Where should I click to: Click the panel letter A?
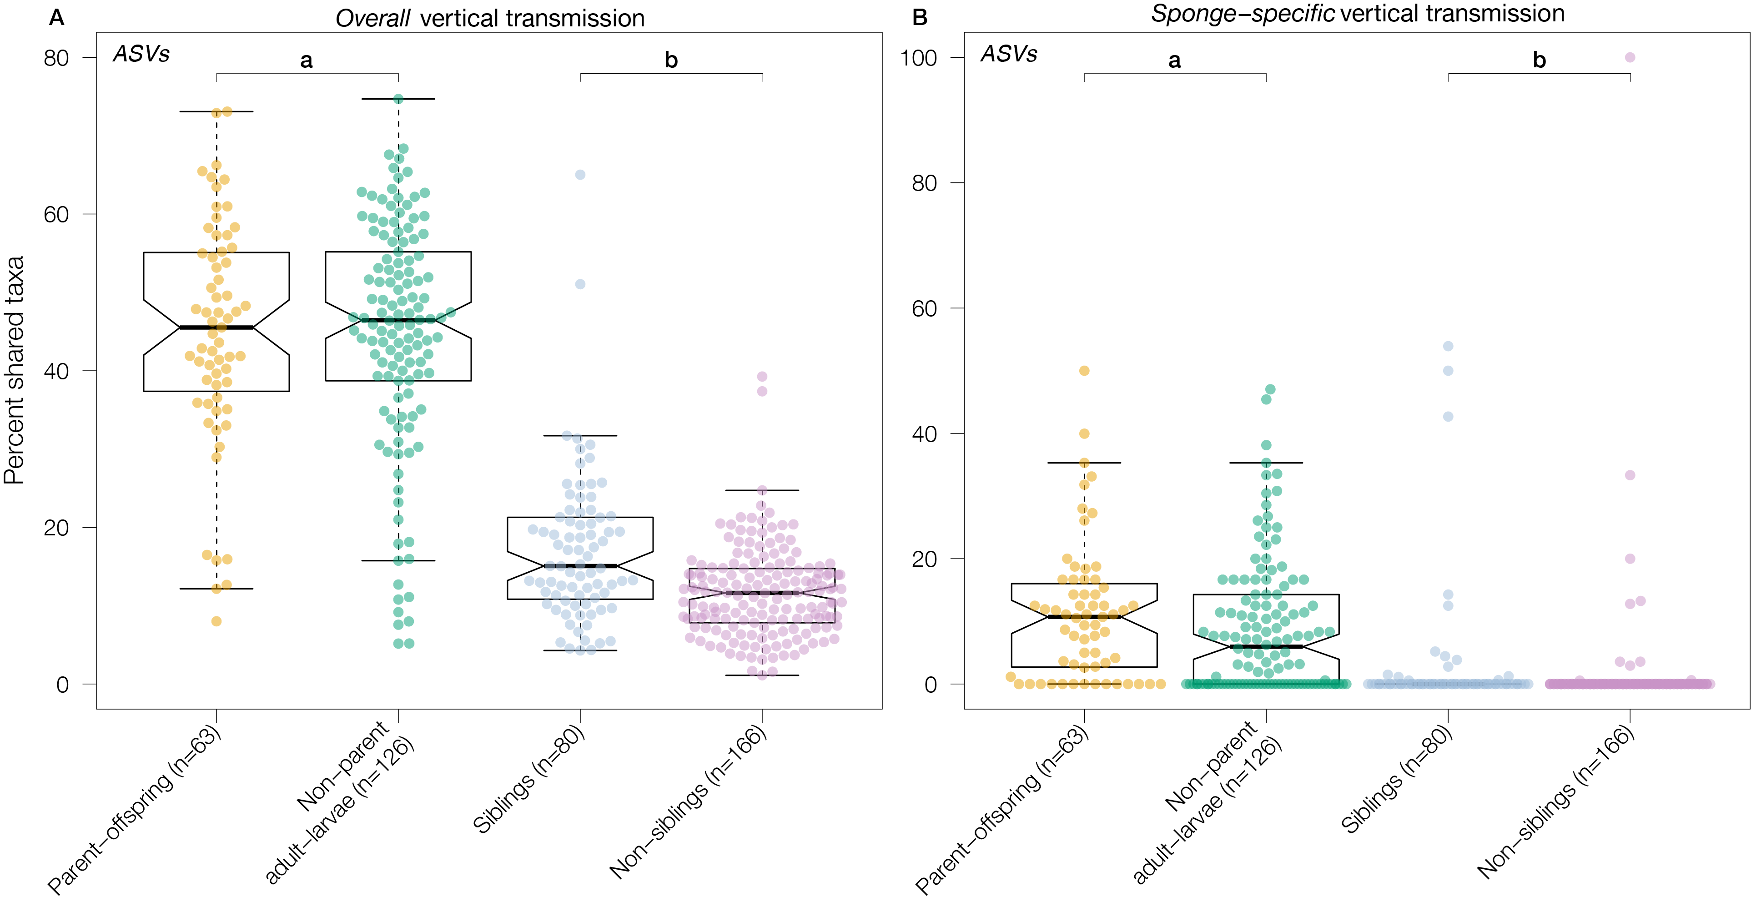tap(57, 18)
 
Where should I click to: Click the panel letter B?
tap(920, 18)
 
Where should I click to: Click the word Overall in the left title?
tap(372, 18)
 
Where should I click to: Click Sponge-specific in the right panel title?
tap(1242, 14)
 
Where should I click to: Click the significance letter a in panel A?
tap(307, 61)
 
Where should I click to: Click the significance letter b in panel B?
tap(1539, 61)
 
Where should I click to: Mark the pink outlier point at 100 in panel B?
tap(1630, 58)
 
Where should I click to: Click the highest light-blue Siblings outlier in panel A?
tap(580, 175)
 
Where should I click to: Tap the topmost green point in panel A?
tap(398, 99)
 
